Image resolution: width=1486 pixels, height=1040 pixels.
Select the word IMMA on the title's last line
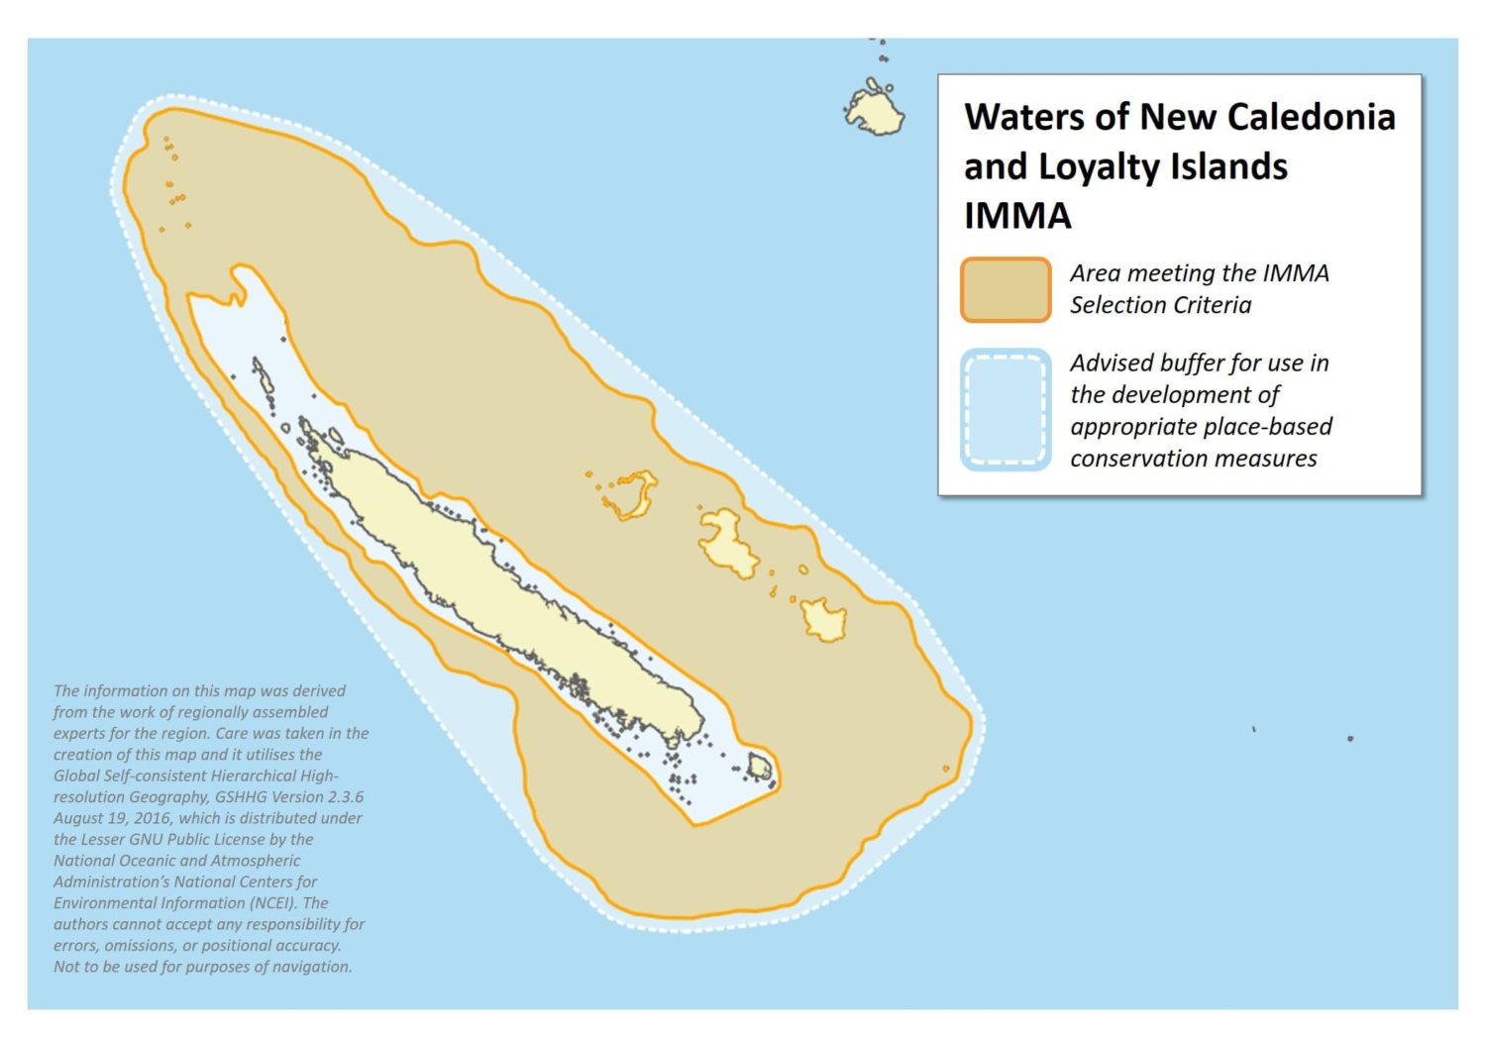point(1017,216)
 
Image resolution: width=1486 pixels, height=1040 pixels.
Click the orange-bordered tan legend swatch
point(1005,289)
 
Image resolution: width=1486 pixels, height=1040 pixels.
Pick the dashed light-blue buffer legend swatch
point(1005,409)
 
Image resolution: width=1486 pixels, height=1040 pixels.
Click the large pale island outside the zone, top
point(875,110)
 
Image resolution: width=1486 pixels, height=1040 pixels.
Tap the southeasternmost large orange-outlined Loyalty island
point(823,620)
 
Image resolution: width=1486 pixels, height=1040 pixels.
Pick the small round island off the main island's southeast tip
point(760,766)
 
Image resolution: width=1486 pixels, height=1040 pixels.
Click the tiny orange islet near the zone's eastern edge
point(945,769)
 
